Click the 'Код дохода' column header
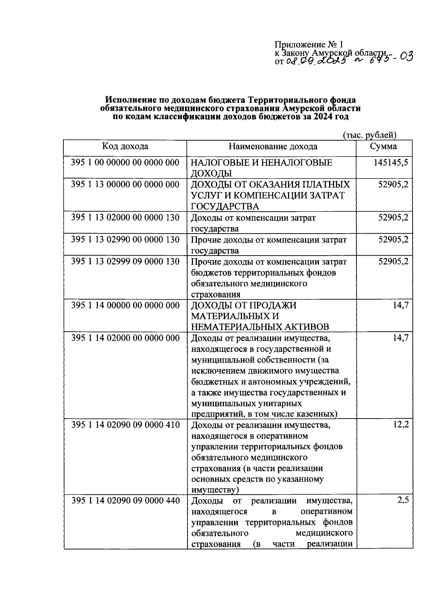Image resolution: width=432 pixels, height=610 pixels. tap(125, 146)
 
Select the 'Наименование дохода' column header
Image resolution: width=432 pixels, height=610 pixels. tap(273, 146)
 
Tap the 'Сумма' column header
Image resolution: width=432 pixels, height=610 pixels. tap(383, 146)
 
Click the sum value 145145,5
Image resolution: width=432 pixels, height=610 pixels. tap(391, 163)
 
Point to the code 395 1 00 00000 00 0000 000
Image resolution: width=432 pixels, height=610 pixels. tap(125, 163)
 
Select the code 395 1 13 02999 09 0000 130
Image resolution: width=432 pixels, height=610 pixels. tap(125, 261)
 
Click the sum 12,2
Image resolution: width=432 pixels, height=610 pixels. tap(401, 424)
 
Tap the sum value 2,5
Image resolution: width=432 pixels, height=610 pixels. tap(402, 500)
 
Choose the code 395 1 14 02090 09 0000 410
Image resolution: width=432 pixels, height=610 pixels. tap(125, 425)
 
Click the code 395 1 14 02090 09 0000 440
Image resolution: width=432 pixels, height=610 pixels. tap(125, 501)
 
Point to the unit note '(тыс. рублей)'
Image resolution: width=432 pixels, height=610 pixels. tap(369, 135)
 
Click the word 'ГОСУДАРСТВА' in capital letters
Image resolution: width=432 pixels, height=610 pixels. tap(225, 207)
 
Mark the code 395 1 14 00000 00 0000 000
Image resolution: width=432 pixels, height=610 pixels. tap(125, 305)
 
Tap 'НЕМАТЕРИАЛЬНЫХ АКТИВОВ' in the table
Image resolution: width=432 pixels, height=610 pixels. tap(260, 327)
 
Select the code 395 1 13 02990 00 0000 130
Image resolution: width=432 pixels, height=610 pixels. tap(125, 239)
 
